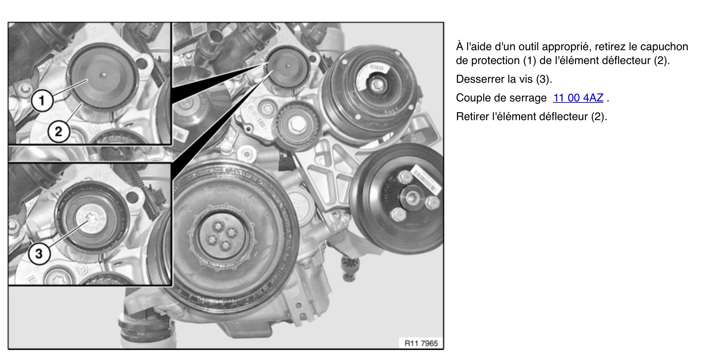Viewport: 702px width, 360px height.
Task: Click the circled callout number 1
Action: pyautogui.click(x=42, y=101)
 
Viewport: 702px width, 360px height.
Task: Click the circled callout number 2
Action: pyautogui.click(x=58, y=132)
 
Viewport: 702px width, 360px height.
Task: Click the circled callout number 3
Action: pyautogui.click(x=39, y=254)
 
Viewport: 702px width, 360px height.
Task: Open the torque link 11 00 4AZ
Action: pyautogui.click(x=578, y=98)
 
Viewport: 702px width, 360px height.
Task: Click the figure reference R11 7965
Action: pyautogui.click(x=421, y=343)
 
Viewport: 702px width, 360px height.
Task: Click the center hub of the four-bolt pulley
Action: pyautogui.click(x=412, y=198)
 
